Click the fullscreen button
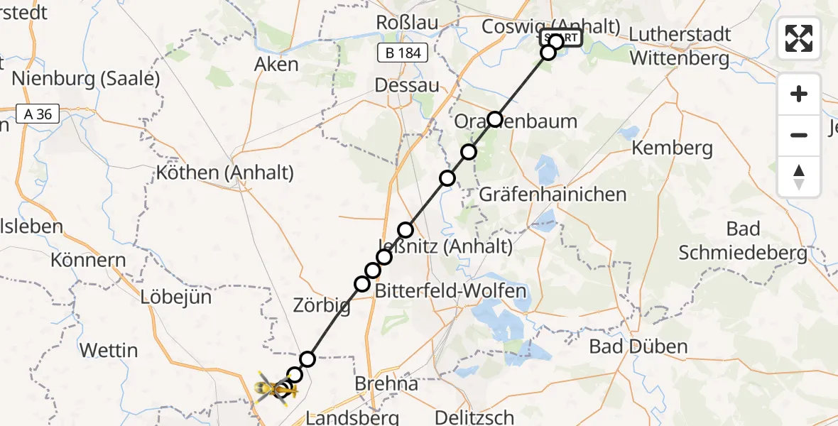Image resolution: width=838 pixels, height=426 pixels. click(x=799, y=38)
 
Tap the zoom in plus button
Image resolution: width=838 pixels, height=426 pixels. click(x=799, y=94)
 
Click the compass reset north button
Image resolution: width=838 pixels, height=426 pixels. click(x=799, y=177)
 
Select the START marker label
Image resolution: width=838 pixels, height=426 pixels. click(x=561, y=38)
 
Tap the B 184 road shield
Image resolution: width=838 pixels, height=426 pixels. click(x=402, y=53)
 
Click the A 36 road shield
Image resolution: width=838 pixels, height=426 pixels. click(x=38, y=114)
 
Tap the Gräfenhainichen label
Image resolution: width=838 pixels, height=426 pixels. click(x=553, y=194)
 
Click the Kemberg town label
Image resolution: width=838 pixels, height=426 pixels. click(x=672, y=148)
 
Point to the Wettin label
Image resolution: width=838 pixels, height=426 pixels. click(x=109, y=350)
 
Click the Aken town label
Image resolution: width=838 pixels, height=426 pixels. click(x=276, y=65)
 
